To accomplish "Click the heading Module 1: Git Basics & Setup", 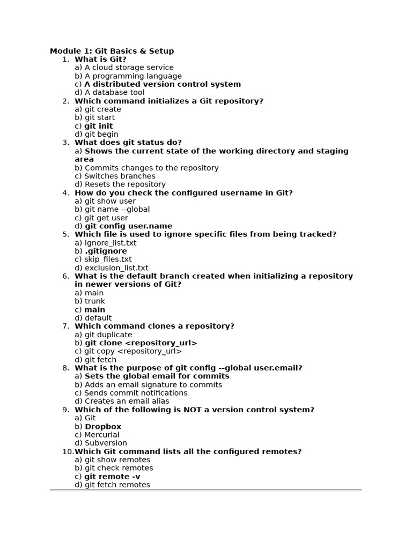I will click(112, 51).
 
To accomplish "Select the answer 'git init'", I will click(98, 126).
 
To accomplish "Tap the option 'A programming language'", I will click(133, 76).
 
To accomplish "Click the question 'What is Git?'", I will click(100, 60).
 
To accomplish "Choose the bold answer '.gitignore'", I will click(106, 251).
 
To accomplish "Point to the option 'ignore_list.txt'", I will click(111, 243).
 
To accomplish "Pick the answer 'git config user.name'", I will click(128, 226).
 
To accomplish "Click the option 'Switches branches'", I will click(120, 176).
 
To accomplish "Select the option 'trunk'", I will click(95, 301).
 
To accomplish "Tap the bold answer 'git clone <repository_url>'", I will click(141, 343).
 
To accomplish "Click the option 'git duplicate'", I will click(108, 335).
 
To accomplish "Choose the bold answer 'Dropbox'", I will click(103, 427).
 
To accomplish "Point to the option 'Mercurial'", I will click(102, 435).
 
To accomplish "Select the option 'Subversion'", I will click(106, 443).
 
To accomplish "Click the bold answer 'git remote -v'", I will click(112, 477).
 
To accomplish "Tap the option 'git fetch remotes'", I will click(117, 485).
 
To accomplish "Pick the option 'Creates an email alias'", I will click(127, 401).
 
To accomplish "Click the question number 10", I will click(68, 451).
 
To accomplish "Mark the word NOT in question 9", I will click(193, 410).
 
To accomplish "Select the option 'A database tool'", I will click(114, 92).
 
